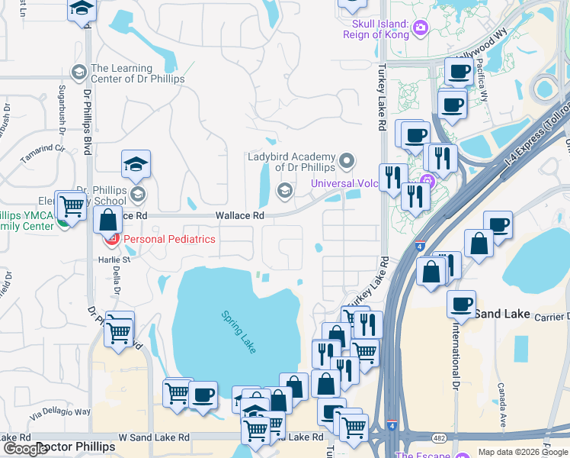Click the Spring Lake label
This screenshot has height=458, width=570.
pos(239,331)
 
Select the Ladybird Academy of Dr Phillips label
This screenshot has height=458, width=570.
pos(291,162)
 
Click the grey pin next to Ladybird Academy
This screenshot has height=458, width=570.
pos(347,160)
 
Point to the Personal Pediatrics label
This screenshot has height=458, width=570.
pos(169,239)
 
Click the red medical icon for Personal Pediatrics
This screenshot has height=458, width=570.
pos(112,240)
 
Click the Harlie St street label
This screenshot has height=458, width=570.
pos(110,260)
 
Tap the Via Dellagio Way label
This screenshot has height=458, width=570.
pos(60,412)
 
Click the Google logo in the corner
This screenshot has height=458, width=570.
pos(24,449)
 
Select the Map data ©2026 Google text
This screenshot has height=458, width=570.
pos(522,452)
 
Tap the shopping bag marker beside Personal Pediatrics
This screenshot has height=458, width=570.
pos(108,220)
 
